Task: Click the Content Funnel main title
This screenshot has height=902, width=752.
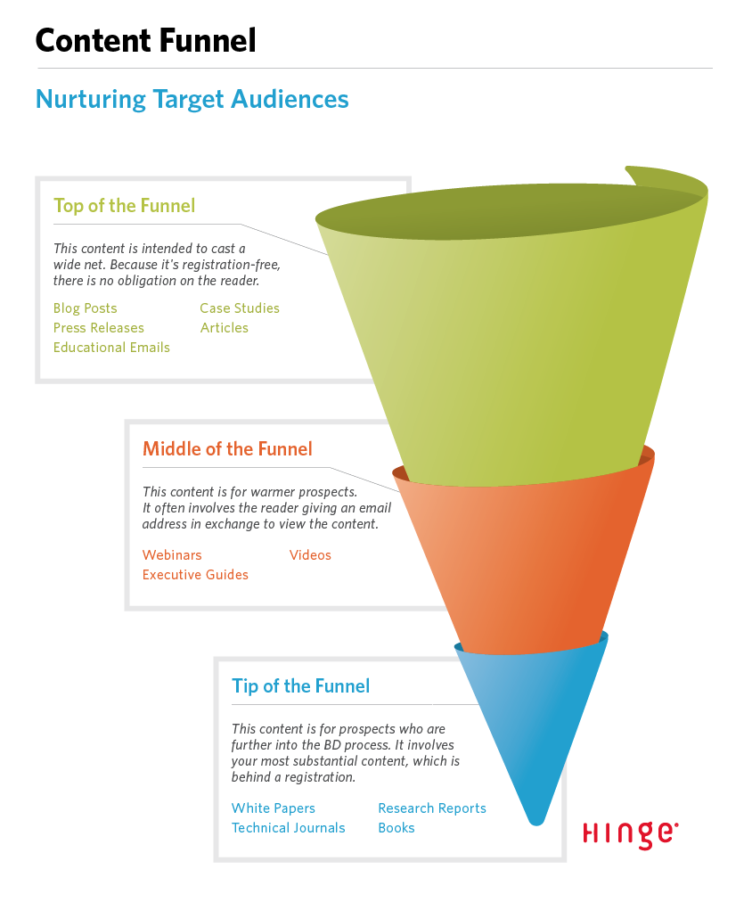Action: coord(145,41)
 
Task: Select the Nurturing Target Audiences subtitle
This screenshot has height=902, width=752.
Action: coord(192,100)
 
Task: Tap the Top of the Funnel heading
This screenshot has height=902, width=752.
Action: coord(124,206)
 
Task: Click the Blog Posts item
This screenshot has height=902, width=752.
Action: coord(85,308)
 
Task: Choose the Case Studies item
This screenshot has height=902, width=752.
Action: coord(240,308)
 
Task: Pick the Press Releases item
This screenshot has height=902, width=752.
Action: coord(99,328)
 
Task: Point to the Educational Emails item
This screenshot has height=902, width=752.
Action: coord(111,348)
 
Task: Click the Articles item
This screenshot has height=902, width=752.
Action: coord(225,328)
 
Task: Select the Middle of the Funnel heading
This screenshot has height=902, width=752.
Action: coord(228,448)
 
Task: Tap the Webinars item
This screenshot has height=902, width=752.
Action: coord(172,555)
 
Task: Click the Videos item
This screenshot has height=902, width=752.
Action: coord(310,555)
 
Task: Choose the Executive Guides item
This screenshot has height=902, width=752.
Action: coord(195,575)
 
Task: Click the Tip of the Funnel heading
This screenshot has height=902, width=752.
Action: coord(300,686)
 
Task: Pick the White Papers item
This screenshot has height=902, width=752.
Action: coord(273,808)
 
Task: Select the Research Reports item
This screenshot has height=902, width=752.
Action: coord(432,808)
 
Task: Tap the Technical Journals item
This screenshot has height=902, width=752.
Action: coord(289,828)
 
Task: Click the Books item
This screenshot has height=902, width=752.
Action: coord(396,828)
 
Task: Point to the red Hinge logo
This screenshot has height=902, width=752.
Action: coord(631,834)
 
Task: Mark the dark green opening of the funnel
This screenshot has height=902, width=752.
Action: coord(511,212)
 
